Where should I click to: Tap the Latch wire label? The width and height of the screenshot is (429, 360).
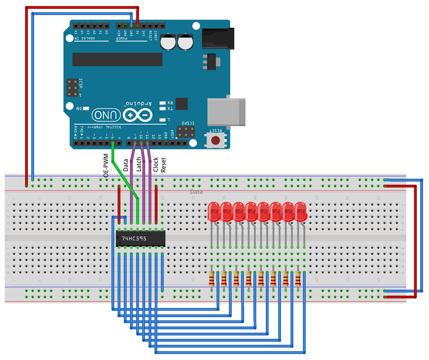click(x=139, y=164)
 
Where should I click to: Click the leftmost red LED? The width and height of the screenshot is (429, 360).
click(x=213, y=212)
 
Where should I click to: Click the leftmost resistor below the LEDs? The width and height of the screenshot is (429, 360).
click(x=212, y=278)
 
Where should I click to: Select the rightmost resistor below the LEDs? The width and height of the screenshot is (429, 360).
click(x=298, y=278)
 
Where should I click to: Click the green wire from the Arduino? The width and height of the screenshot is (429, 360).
click(x=124, y=177)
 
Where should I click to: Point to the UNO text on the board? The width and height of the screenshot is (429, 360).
click(x=105, y=115)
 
